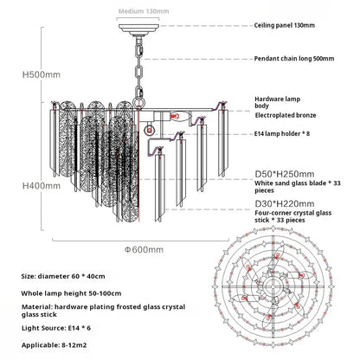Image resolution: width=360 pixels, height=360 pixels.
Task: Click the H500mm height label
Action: point(42,74)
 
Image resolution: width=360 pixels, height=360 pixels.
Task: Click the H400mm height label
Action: point(42,186)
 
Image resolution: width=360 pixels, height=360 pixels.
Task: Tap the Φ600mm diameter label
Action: point(144,249)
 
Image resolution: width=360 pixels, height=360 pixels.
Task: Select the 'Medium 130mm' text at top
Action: point(144,11)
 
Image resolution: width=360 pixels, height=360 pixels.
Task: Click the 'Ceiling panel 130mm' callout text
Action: point(284,25)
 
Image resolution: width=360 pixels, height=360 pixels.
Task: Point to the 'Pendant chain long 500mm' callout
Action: point(294,59)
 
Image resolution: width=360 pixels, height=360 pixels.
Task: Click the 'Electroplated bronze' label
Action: point(286,115)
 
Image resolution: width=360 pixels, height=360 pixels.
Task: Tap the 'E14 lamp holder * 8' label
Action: point(282,133)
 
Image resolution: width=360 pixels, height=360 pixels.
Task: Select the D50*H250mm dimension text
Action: point(285,174)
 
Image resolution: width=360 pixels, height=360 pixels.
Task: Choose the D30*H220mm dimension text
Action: point(285,203)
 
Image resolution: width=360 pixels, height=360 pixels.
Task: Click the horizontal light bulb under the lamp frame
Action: point(180,117)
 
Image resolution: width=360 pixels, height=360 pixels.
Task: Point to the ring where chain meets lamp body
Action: point(138,103)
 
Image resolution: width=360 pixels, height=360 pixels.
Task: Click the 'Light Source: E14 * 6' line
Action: point(56,328)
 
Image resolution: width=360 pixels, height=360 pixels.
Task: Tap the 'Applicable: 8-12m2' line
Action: point(54,345)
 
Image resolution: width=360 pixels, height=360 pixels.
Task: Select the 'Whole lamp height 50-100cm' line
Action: point(71,293)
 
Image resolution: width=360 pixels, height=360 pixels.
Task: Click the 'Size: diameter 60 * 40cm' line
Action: point(63,276)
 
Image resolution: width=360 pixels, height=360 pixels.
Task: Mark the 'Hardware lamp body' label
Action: point(277,102)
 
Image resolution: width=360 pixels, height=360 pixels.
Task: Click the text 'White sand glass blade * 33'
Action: point(298,183)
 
